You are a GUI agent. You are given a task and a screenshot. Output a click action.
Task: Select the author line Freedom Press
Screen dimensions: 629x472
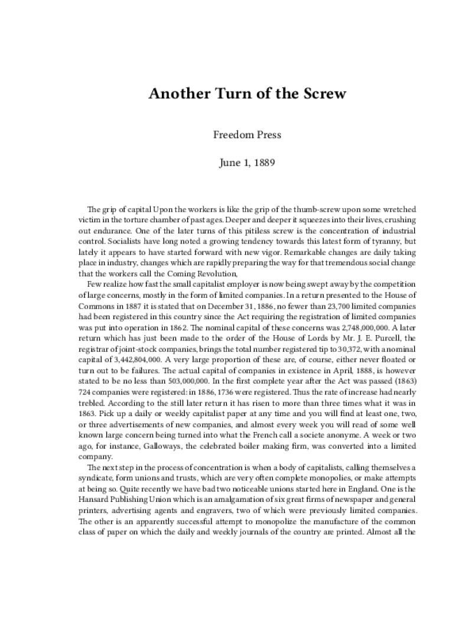247,134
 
